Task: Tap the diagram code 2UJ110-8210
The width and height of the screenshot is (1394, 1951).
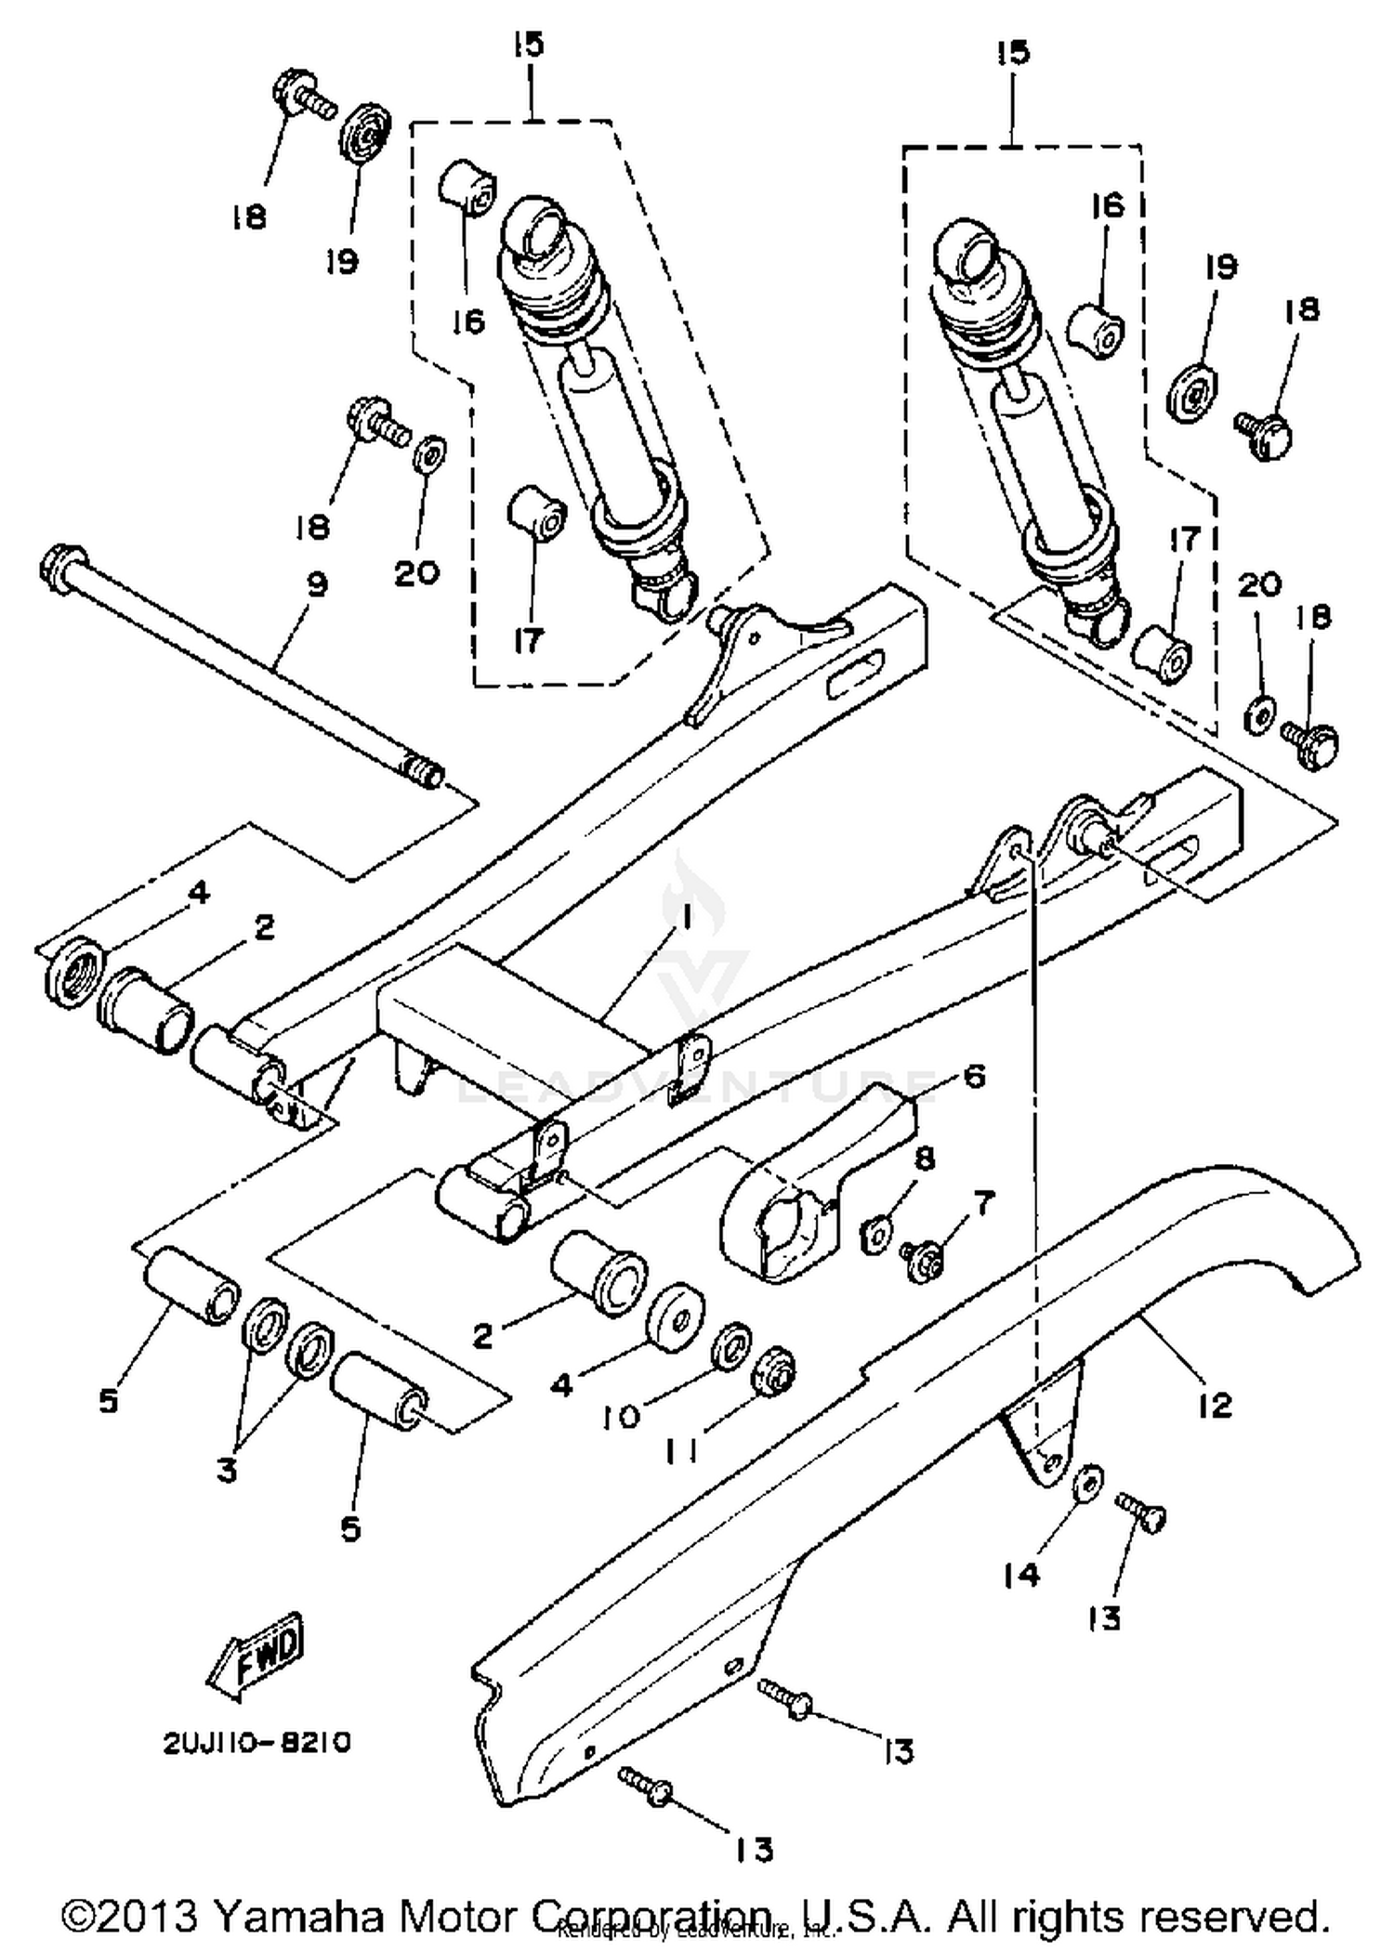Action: tap(257, 1743)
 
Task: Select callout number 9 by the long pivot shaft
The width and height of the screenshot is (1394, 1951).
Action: tap(317, 585)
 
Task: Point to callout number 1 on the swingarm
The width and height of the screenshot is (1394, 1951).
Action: tap(685, 918)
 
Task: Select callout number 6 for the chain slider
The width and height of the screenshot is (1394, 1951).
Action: tap(974, 1078)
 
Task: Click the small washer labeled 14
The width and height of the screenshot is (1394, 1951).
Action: tap(1087, 1482)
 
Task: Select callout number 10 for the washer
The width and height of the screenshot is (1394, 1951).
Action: tap(622, 1416)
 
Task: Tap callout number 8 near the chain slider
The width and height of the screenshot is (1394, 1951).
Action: tap(925, 1159)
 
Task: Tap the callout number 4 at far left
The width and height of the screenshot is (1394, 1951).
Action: tap(198, 893)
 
